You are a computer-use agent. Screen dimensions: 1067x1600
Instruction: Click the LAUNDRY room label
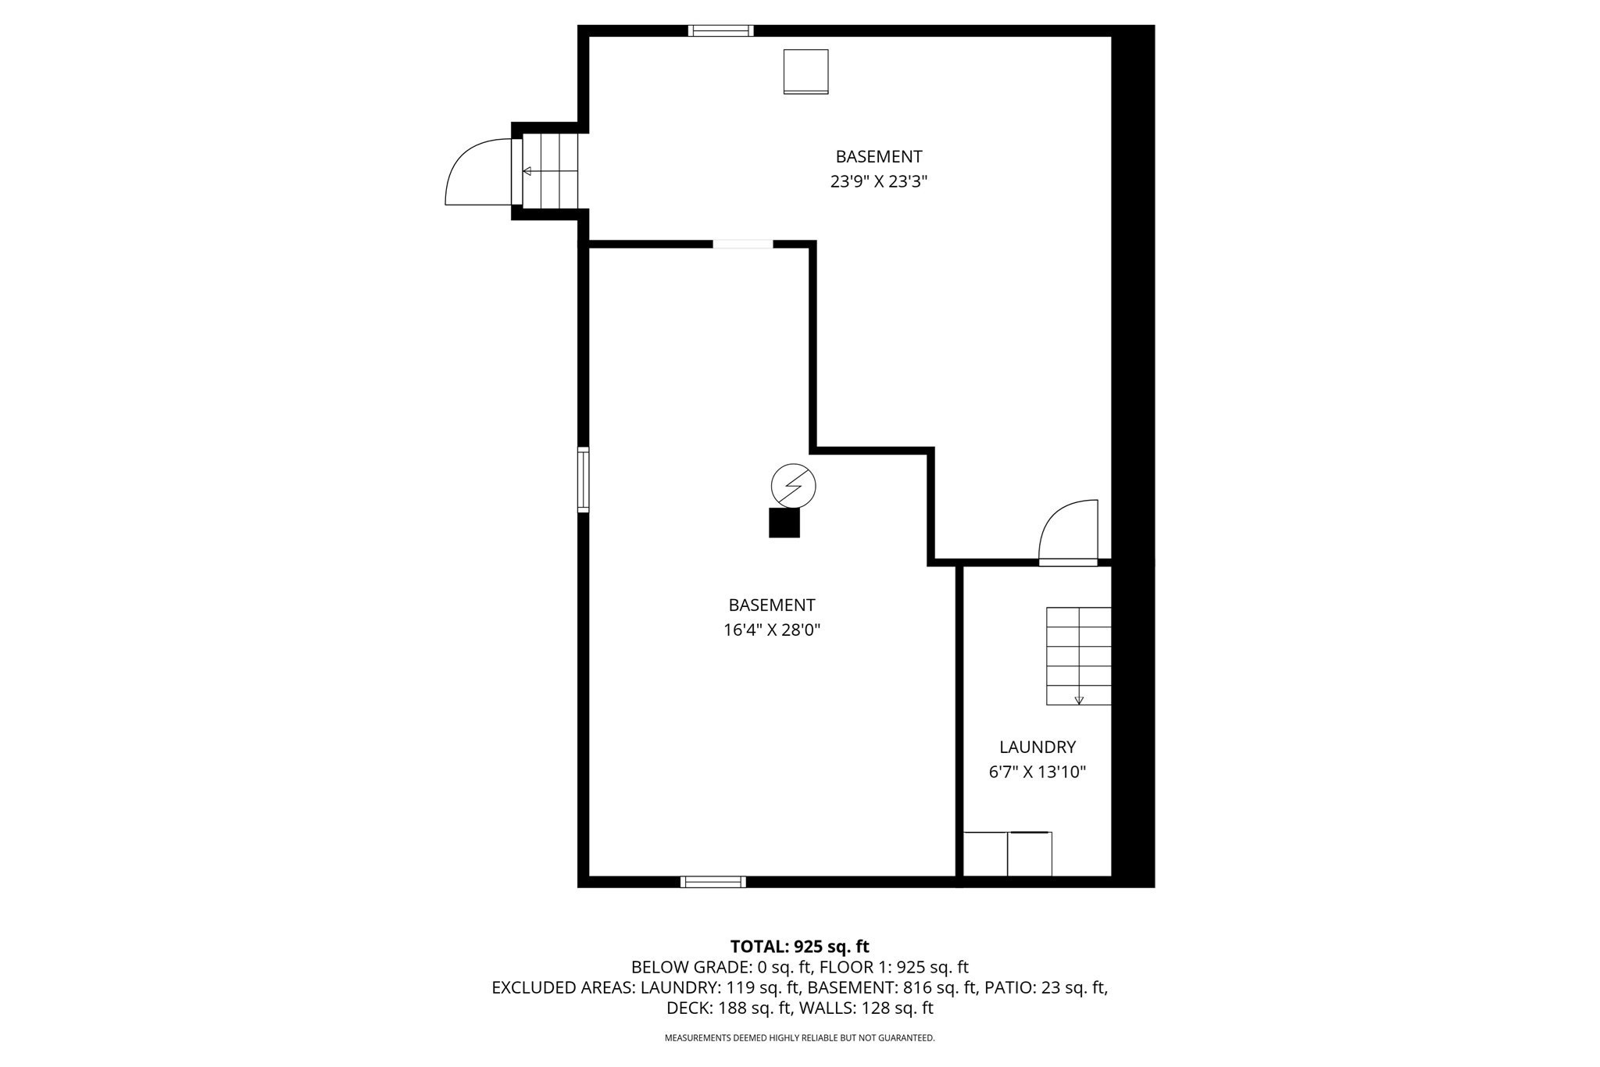[1037, 747]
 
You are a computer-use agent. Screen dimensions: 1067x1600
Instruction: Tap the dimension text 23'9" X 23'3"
[878, 182]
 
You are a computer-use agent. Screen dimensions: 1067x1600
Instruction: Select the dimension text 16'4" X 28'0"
[771, 630]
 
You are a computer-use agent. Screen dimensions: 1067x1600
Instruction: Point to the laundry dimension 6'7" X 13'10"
[1037, 773]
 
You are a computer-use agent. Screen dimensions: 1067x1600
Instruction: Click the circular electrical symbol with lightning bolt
[793, 486]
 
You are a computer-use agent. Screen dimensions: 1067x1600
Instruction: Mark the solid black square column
[784, 523]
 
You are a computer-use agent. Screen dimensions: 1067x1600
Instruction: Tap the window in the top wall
[720, 31]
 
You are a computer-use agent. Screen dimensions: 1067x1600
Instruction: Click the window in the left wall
[583, 479]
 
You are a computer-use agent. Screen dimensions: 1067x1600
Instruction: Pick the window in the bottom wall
[712, 882]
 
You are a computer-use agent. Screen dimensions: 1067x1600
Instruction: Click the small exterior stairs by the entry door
[550, 171]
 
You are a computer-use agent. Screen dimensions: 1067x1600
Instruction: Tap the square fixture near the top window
[805, 71]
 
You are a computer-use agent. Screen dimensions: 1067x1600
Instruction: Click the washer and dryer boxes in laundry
[1008, 854]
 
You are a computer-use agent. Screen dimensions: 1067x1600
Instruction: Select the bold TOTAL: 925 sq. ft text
[799, 947]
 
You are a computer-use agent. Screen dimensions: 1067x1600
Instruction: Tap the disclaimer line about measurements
[799, 1038]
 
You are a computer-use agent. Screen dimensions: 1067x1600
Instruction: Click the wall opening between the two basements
[743, 244]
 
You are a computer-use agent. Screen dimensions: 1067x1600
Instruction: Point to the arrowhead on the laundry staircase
[1079, 701]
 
